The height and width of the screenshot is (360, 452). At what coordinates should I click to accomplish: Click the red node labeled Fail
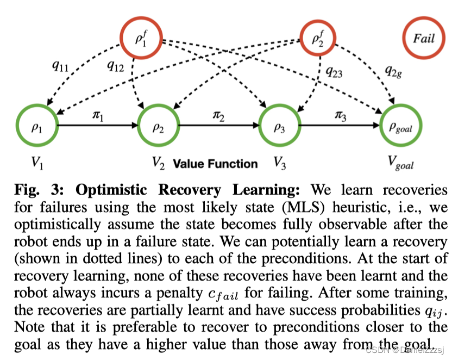click(x=424, y=39)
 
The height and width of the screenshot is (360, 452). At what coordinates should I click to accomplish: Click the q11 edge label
click(x=60, y=66)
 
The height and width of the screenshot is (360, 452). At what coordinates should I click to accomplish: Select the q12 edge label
click(x=115, y=66)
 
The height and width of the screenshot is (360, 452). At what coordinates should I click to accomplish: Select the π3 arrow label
click(x=342, y=116)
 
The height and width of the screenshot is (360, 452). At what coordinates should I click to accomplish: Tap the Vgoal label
click(x=401, y=164)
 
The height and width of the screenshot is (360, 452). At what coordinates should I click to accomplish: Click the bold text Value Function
click(x=215, y=163)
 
